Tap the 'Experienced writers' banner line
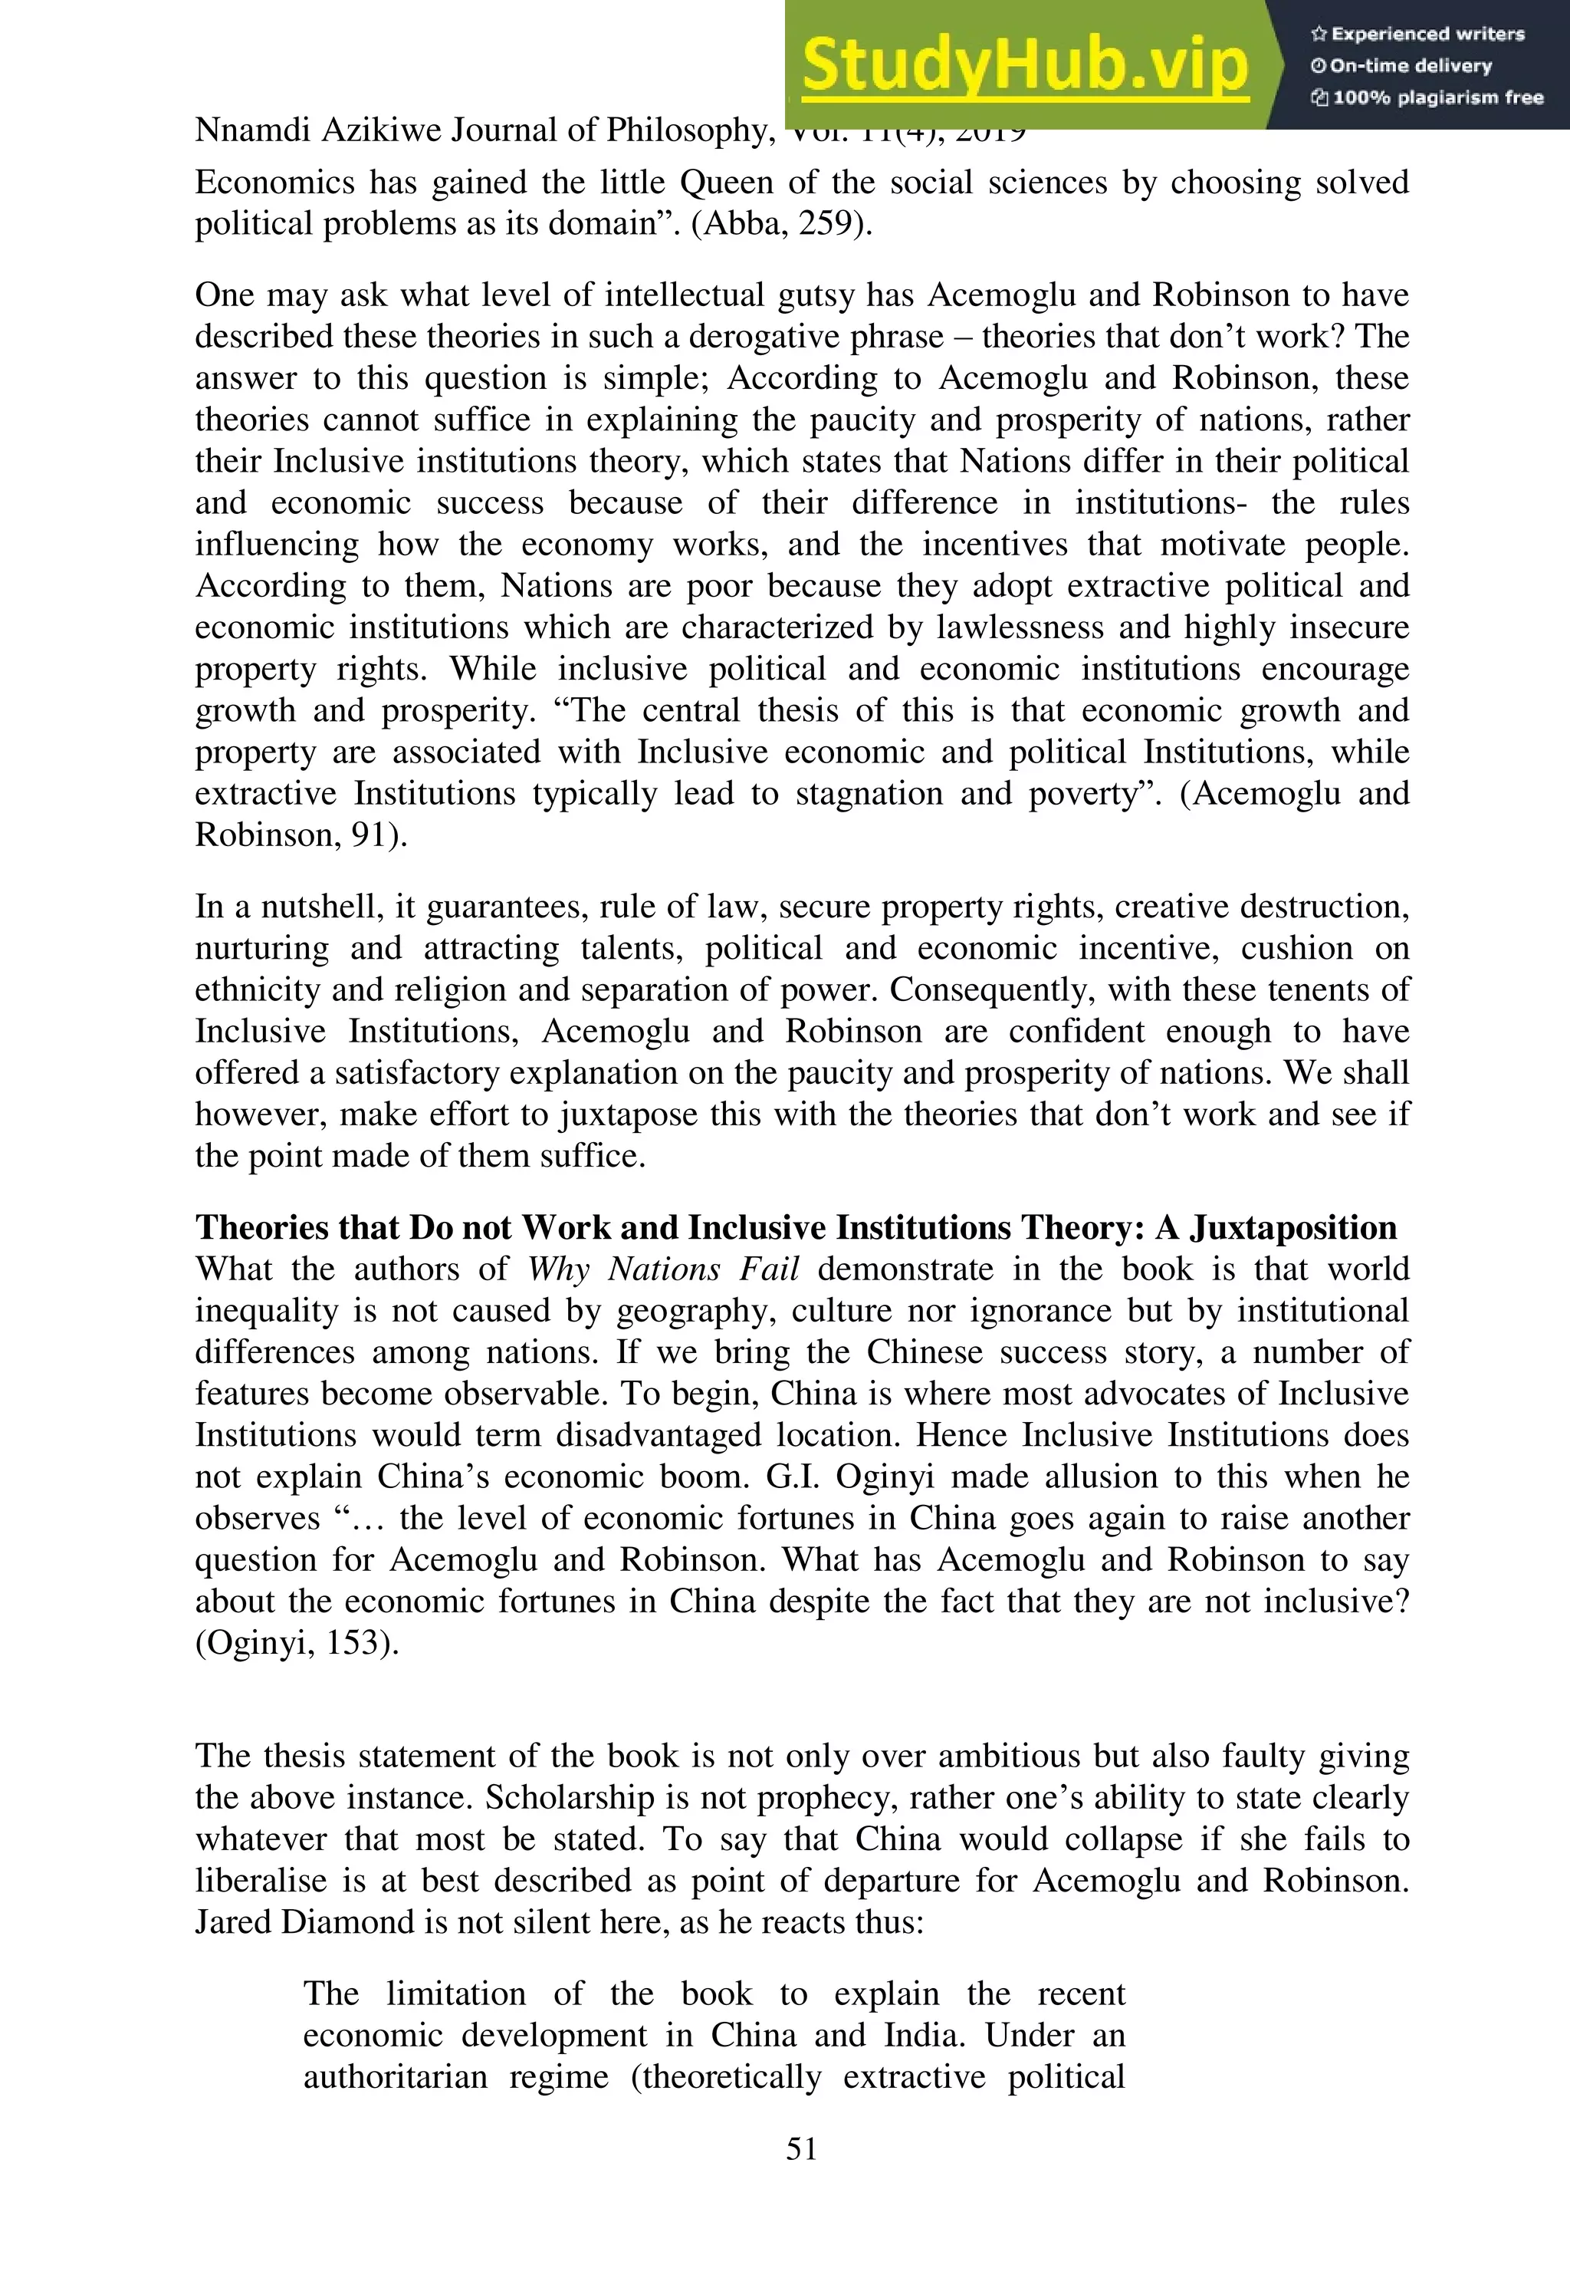pyautogui.click(x=1417, y=35)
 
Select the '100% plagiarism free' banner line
pyautogui.click(x=1427, y=97)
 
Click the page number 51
pyautogui.click(x=802, y=2148)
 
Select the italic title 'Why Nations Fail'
pyautogui.click(x=663, y=1269)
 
